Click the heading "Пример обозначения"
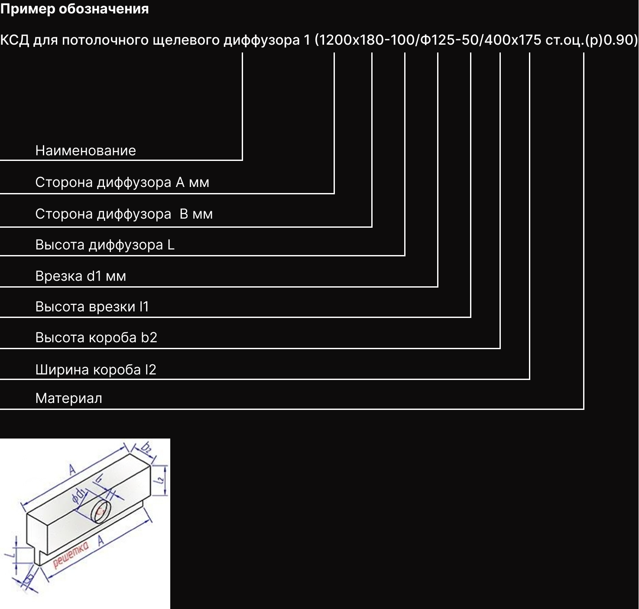pyautogui.click(x=75, y=9)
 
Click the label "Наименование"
pyautogui.click(x=85, y=151)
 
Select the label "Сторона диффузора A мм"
pyautogui.click(x=122, y=182)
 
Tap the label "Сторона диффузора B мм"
pyautogui.click(x=124, y=214)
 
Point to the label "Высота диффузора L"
pyautogui.click(x=105, y=245)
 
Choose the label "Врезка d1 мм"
pyautogui.click(x=81, y=276)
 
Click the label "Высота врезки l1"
pyautogui.click(x=92, y=307)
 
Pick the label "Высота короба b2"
pyautogui.click(x=96, y=337)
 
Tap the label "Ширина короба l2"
pyautogui.click(x=96, y=370)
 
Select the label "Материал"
pyautogui.click(x=68, y=398)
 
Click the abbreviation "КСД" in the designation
pyautogui.click(x=15, y=40)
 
